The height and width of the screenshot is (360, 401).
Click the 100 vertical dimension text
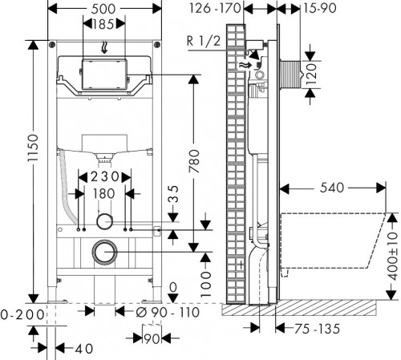pos(205,278)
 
